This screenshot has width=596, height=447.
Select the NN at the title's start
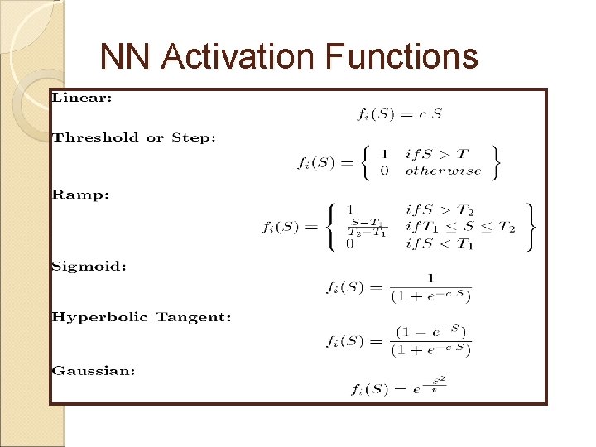point(125,57)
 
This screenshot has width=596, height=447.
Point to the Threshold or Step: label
point(133,137)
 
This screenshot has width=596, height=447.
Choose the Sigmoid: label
point(89,267)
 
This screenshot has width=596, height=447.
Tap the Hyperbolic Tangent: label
point(141,317)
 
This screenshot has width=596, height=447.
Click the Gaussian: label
point(93,371)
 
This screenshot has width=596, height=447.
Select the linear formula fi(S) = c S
point(399,114)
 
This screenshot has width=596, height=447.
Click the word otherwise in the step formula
point(442,171)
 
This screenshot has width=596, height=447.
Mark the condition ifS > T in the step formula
point(436,153)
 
